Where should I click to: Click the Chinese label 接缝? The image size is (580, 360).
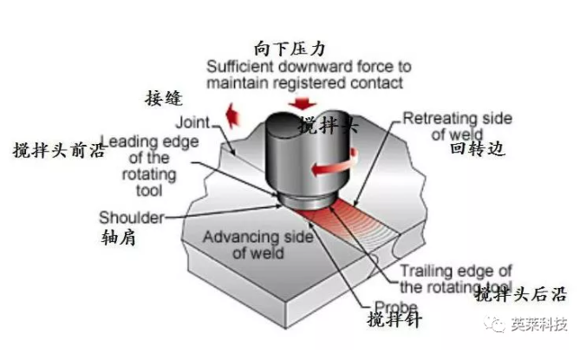[166, 97]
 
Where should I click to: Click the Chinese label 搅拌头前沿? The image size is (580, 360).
[51, 148]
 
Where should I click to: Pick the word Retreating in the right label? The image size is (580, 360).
[446, 119]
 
